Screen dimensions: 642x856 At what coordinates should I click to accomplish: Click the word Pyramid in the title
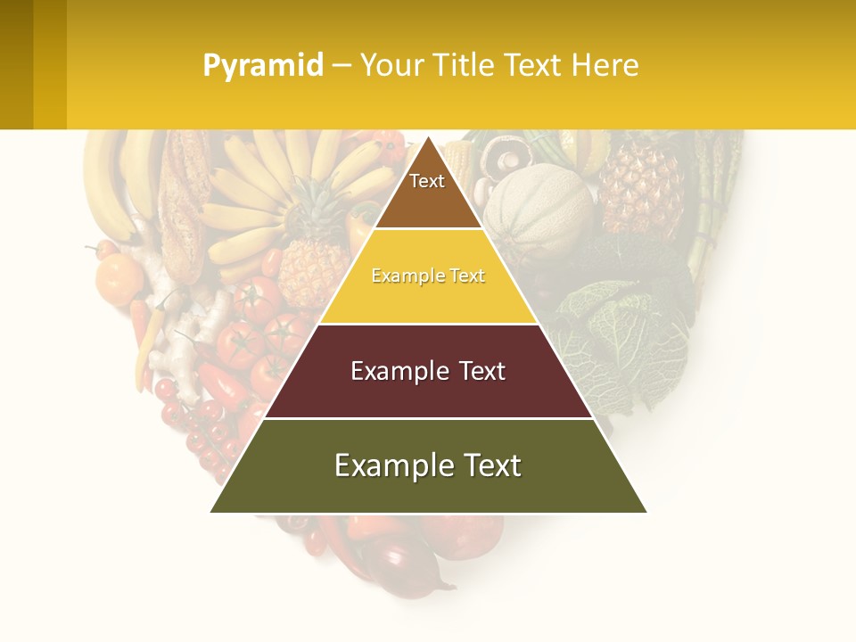262,65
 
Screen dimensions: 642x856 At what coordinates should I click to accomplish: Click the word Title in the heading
462,65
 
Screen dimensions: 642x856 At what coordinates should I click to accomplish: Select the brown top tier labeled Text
427,192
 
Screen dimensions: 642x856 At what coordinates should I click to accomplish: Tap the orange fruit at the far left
118,278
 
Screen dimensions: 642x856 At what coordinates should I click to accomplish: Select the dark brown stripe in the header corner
16,64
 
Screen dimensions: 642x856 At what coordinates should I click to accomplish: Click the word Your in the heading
391,65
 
